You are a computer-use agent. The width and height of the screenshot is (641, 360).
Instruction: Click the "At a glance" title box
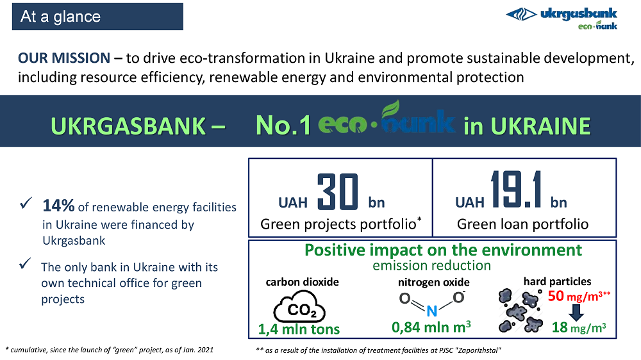(97, 17)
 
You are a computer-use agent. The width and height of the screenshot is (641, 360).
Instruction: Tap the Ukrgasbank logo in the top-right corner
(562, 18)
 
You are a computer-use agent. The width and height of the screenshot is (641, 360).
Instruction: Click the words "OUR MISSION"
(64, 58)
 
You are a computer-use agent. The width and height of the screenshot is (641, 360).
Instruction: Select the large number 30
(338, 192)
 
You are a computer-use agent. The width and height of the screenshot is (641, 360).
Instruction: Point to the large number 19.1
(517, 189)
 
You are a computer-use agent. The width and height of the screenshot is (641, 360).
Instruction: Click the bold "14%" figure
(58, 206)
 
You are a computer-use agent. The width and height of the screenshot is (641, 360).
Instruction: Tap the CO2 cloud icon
(299, 306)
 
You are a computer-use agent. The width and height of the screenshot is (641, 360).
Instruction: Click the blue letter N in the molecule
(431, 311)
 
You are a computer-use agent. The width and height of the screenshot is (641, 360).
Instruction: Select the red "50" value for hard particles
(556, 295)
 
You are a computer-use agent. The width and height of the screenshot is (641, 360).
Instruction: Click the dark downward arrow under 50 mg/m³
(576, 313)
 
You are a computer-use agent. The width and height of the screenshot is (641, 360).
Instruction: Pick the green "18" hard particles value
(560, 327)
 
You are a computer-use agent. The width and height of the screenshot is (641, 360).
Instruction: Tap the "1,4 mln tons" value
(299, 329)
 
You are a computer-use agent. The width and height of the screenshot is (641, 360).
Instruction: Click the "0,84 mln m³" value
(431, 327)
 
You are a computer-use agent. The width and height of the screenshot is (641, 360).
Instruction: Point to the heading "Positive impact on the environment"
(443, 250)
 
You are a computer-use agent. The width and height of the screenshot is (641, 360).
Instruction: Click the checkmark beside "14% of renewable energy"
(26, 202)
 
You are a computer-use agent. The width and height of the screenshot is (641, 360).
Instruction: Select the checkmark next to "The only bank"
(25, 263)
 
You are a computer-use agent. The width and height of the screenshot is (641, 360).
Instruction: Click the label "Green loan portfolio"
(522, 224)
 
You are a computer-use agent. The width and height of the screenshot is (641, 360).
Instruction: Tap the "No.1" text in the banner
(283, 126)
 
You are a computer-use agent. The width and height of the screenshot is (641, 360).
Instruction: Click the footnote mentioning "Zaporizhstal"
(378, 350)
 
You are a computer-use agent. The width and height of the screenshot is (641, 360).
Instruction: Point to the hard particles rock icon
(520, 310)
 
